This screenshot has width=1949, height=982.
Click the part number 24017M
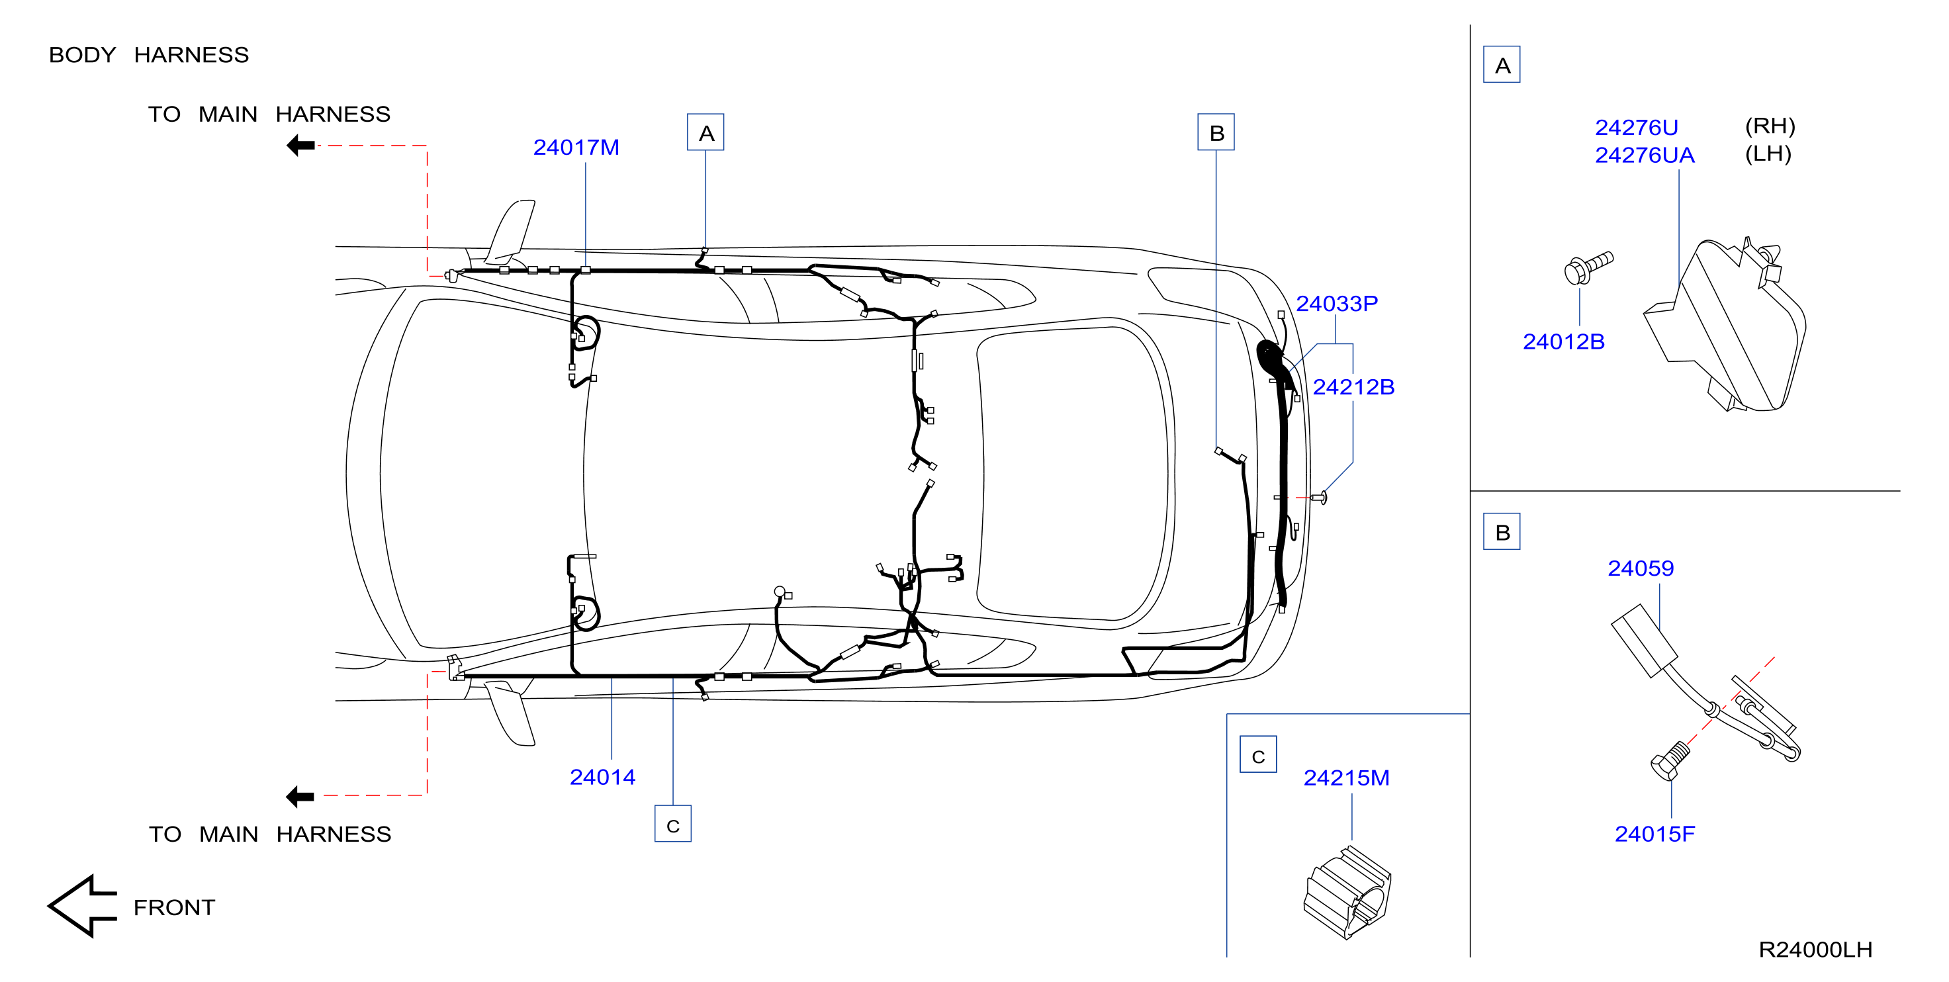pyautogui.click(x=576, y=148)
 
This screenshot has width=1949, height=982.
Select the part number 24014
pyautogui.click(x=602, y=777)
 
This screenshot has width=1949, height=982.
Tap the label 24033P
pyautogui.click(x=1337, y=303)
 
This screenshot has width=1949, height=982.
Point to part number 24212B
pyautogui.click(x=1353, y=386)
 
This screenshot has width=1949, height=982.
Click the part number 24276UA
pyautogui.click(x=1645, y=155)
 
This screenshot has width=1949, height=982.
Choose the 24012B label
pyautogui.click(x=1564, y=342)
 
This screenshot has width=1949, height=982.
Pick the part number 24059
pyautogui.click(x=1641, y=568)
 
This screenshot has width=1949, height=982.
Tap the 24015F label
pyautogui.click(x=1654, y=834)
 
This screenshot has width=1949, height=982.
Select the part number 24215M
pyautogui.click(x=1347, y=778)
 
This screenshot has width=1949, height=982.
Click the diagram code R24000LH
pyautogui.click(x=1816, y=950)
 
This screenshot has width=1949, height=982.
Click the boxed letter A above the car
pyautogui.click(x=706, y=132)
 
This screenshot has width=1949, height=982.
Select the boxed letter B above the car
pyautogui.click(x=1216, y=132)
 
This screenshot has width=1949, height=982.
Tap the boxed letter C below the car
pyautogui.click(x=672, y=824)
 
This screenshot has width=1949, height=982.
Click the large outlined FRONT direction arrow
pyautogui.click(x=81, y=907)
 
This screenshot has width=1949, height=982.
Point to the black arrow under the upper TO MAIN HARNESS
pyautogui.click(x=300, y=146)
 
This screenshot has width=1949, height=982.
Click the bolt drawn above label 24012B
pyautogui.click(x=1588, y=268)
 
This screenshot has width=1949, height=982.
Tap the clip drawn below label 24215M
pyautogui.click(x=1347, y=893)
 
